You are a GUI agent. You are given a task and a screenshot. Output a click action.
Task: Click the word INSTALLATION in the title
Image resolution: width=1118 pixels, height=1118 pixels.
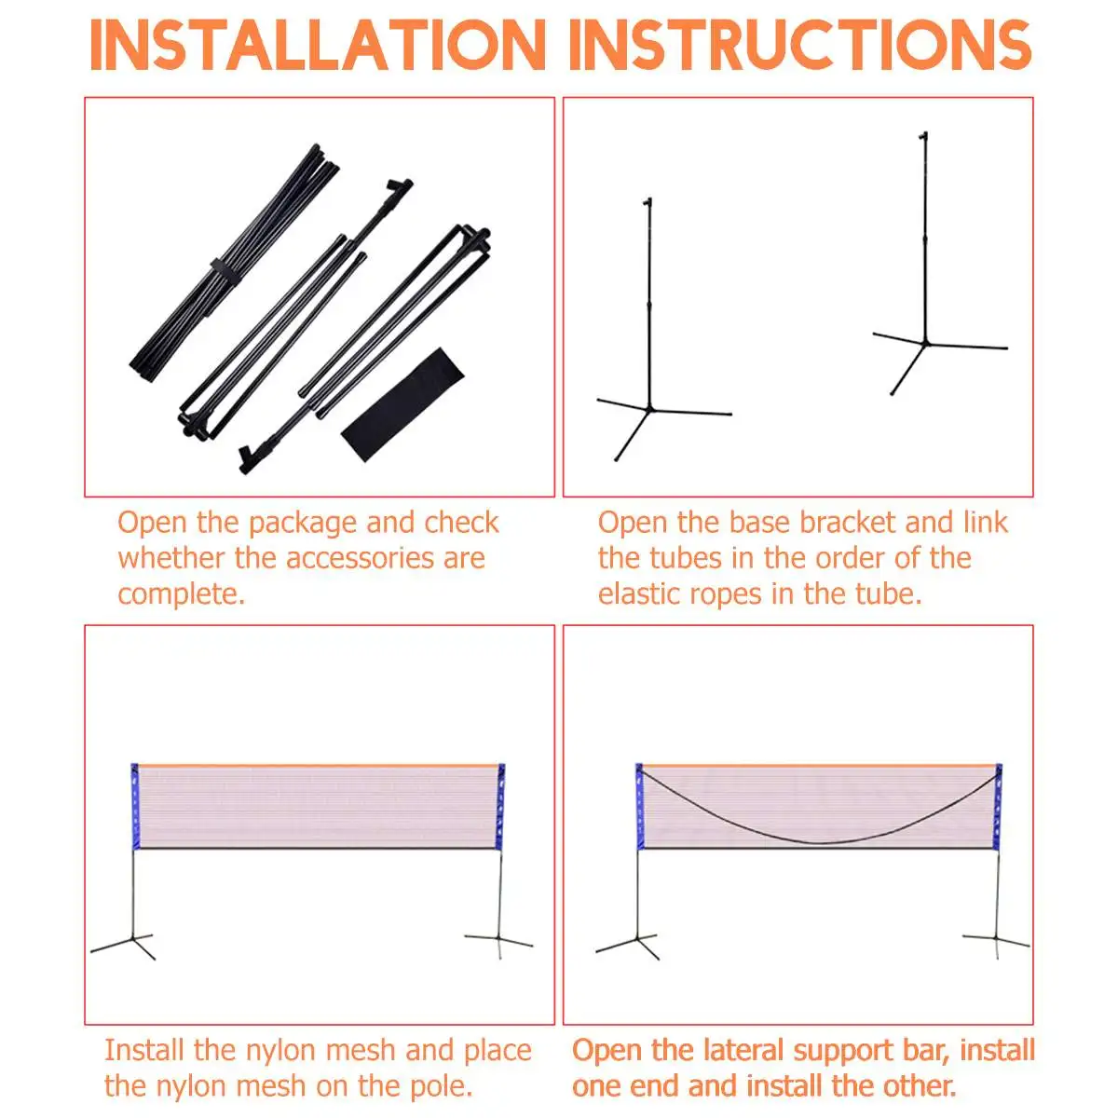click(318, 45)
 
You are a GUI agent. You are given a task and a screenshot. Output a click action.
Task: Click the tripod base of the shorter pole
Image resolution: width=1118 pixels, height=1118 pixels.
click(652, 415)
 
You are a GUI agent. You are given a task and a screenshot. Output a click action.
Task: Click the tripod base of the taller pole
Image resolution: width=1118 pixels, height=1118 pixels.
click(927, 348)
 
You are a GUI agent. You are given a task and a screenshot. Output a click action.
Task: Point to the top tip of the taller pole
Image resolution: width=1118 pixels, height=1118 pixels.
click(924, 138)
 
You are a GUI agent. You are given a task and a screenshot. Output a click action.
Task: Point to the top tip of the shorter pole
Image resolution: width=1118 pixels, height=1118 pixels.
click(648, 202)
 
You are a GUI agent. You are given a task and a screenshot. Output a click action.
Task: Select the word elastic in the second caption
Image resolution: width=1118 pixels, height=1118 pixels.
click(650, 593)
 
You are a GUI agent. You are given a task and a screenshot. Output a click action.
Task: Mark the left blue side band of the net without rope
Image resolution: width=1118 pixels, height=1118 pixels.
click(134, 807)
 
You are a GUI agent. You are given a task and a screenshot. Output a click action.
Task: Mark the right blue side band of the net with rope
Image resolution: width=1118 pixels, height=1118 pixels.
click(998, 806)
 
